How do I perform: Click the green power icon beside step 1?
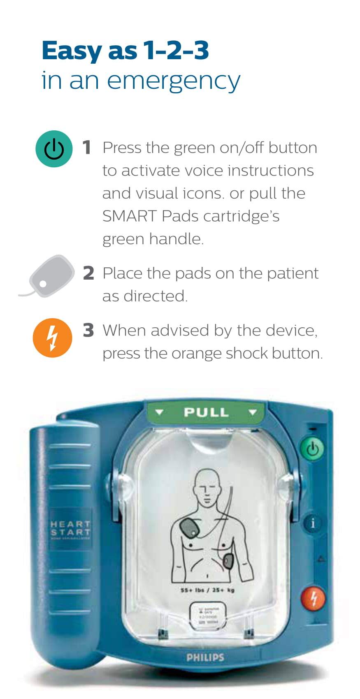pyautogui.click(x=54, y=148)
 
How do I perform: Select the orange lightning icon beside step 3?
pyautogui.click(x=52, y=338)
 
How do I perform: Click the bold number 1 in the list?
pyautogui.click(x=87, y=148)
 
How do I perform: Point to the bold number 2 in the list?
pyautogui.click(x=88, y=273)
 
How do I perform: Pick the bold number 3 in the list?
pyautogui.click(x=88, y=330)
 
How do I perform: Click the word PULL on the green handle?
pyautogui.click(x=206, y=412)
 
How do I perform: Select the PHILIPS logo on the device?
pyautogui.click(x=205, y=657)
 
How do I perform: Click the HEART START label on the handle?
pyautogui.click(x=70, y=528)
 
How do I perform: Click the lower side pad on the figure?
pyautogui.click(x=228, y=560)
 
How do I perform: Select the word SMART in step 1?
pyautogui.click(x=130, y=216)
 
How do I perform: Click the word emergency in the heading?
pyautogui.click(x=173, y=81)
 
